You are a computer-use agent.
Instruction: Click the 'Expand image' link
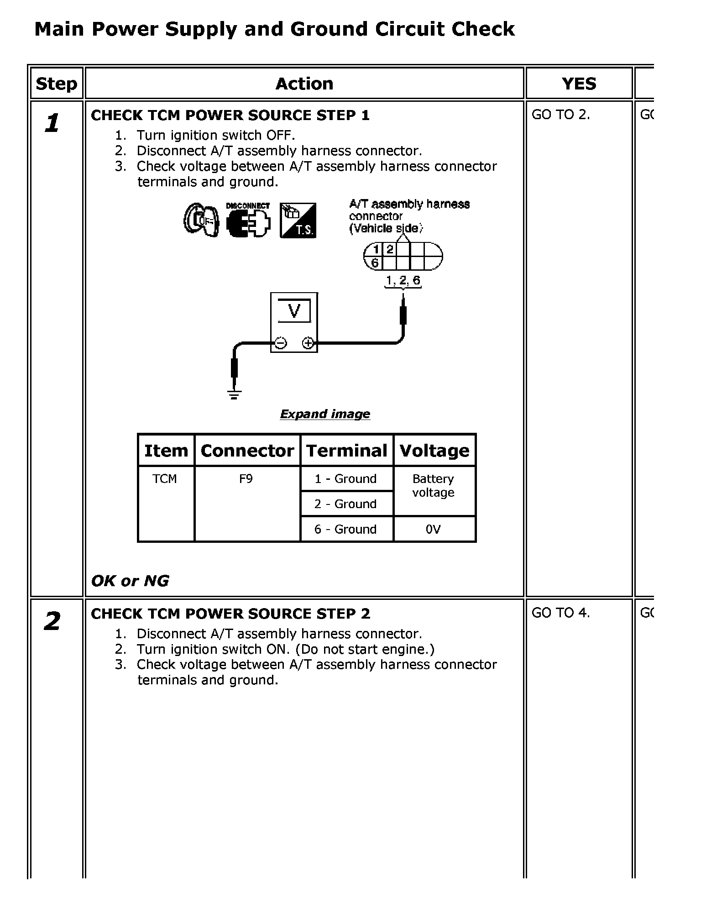point(325,414)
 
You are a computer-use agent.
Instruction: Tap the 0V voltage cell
point(433,529)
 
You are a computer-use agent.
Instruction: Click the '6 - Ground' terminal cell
point(345,529)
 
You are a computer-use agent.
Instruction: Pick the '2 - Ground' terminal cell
point(345,504)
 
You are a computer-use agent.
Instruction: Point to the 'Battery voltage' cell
point(433,486)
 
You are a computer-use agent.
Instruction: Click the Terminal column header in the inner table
point(347,451)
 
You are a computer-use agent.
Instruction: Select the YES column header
point(579,84)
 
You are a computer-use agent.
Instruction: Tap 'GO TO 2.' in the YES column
point(561,115)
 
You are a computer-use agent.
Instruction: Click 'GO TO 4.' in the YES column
point(561,613)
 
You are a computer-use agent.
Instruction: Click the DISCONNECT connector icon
point(248,220)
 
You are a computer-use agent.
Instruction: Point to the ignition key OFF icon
point(201,220)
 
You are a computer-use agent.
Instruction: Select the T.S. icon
point(298,220)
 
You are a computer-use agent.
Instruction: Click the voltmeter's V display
point(294,311)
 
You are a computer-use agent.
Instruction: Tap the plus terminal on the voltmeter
point(308,343)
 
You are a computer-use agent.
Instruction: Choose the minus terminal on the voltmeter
point(280,343)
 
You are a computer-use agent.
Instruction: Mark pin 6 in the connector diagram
point(375,263)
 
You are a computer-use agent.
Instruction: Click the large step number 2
point(52,621)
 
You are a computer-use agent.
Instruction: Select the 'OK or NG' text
point(130,581)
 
